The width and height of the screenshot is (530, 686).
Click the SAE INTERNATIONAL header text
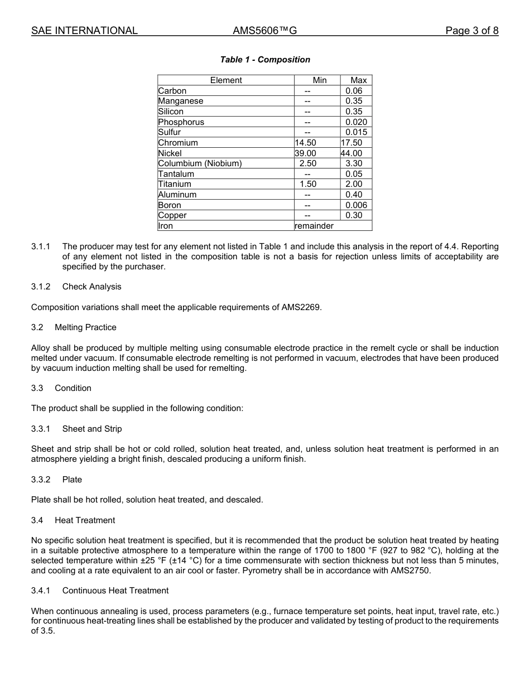[84, 31]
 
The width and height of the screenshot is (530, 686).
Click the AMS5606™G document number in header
[264, 31]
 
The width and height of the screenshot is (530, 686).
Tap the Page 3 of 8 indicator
[471, 31]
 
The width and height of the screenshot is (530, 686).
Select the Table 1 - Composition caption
[265, 60]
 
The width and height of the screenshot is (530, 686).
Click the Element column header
[226, 80]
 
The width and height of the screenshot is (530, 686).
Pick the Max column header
[358, 80]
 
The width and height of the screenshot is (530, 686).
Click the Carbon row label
[172, 91]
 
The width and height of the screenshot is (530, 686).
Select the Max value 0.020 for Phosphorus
[356, 122]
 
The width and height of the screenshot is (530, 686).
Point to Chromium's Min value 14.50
[305, 143]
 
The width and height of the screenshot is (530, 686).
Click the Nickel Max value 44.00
[351, 153]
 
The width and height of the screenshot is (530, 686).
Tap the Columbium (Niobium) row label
[200, 163]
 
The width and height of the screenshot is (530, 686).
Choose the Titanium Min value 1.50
[308, 184]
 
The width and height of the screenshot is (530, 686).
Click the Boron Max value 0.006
[356, 205]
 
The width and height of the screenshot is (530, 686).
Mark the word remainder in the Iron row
[314, 226]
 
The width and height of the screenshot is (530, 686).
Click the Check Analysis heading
[91, 287]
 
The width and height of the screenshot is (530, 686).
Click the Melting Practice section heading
[85, 327]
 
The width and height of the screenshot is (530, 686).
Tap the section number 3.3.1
[41, 429]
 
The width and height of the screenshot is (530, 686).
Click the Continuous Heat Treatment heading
[115, 591]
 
